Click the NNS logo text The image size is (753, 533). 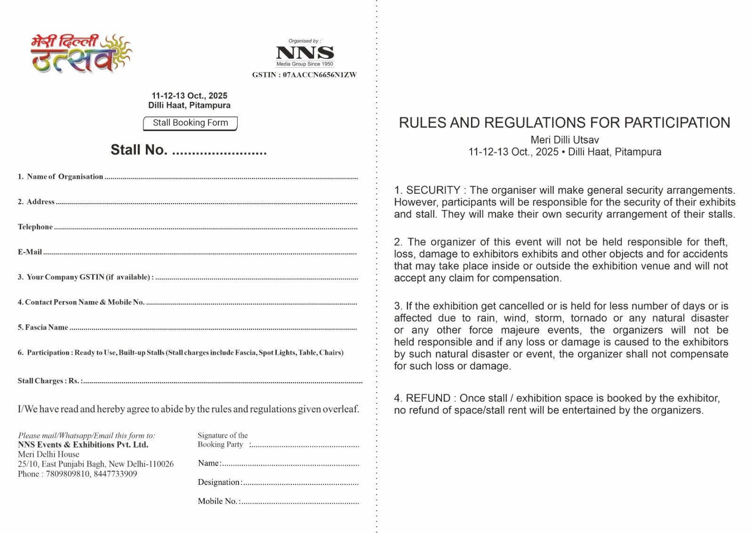tap(305, 52)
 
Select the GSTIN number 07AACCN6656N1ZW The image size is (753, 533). tap(320, 75)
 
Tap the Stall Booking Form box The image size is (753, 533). tap(190, 123)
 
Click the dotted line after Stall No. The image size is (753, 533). tap(219, 152)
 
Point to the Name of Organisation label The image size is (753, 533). tap(64, 177)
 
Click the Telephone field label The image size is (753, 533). tap(35, 227)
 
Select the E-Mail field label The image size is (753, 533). tap(30, 252)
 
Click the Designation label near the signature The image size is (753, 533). tap(219, 482)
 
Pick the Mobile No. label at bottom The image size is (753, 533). tap(217, 501)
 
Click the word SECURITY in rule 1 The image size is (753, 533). tap(433, 190)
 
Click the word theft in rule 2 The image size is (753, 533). tap(716, 242)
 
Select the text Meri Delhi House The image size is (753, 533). tap(48, 454)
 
